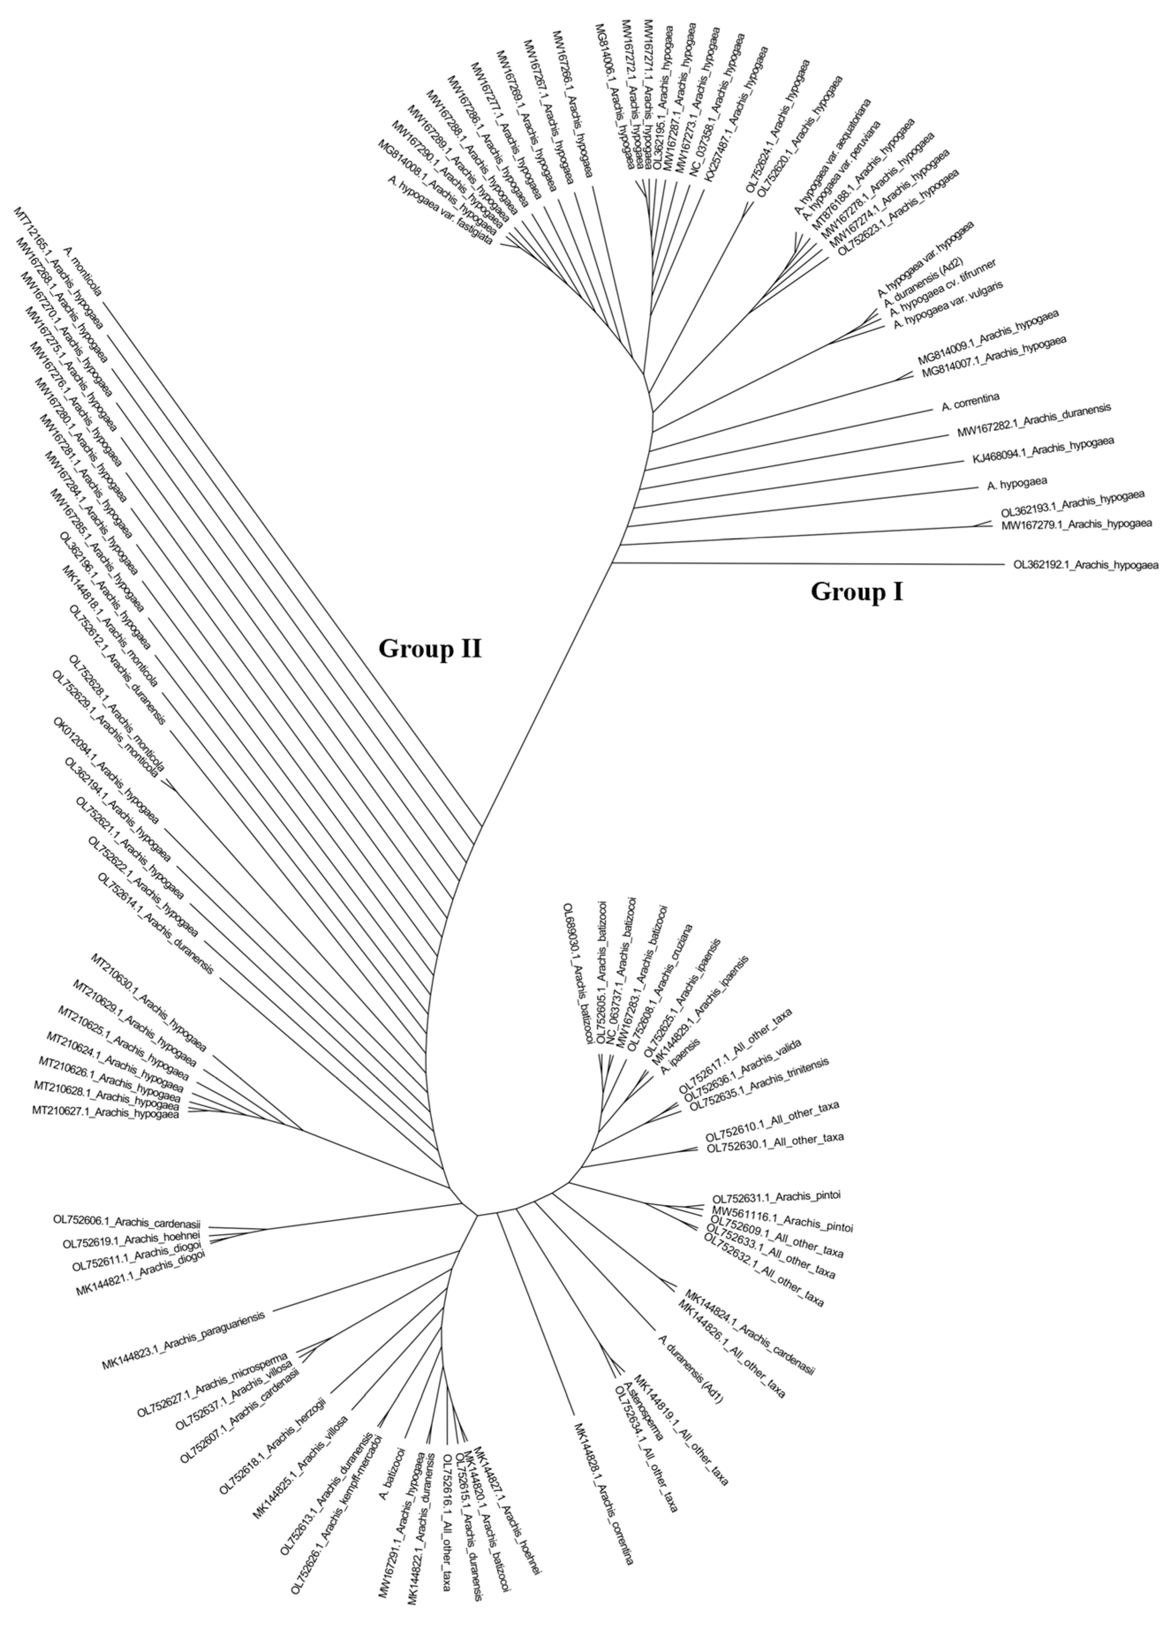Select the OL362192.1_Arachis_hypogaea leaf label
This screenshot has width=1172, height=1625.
tap(1085, 565)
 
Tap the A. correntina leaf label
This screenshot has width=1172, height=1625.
tap(971, 404)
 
